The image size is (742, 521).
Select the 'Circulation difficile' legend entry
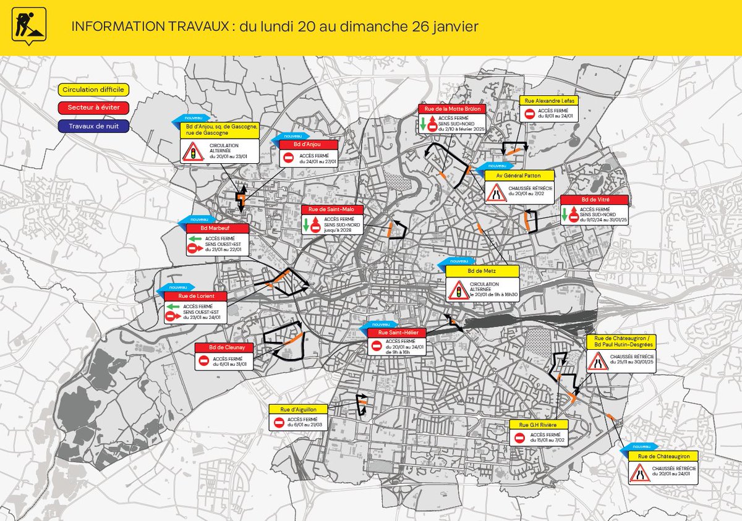pos(93,90)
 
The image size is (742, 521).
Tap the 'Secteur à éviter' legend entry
pos(93,108)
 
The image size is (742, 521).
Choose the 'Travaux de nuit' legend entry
pos(93,126)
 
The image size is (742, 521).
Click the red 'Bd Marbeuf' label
pos(218,228)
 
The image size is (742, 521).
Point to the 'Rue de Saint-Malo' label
pos(332,210)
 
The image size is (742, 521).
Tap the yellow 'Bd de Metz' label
pos(482,271)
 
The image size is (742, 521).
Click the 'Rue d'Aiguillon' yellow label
pos(299,409)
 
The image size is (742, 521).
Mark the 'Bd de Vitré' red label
pos(594,200)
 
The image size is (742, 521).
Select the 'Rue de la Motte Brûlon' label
pos(452,108)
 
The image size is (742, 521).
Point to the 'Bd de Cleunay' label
pos(224,347)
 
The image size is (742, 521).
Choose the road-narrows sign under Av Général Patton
pos(495,193)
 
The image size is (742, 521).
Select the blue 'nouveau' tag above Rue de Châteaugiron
pos(641,446)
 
